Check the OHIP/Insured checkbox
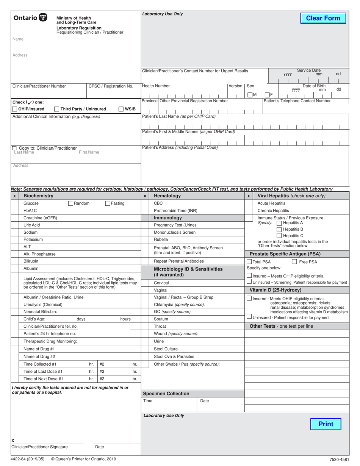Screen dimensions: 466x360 click(15, 109)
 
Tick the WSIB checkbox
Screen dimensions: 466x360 click(121, 109)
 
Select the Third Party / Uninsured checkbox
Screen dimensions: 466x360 click(57, 109)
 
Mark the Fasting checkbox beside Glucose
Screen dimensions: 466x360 click(108, 203)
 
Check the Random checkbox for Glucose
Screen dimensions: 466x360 click(70, 203)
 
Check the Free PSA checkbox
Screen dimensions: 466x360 click(294, 262)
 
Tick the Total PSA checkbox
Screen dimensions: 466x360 click(249, 262)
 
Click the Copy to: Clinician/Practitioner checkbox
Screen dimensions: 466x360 click(14, 148)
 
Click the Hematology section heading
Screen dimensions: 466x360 click(167, 196)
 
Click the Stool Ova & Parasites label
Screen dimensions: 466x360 click(174, 357)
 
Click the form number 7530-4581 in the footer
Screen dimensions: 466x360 click(338, 460)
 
